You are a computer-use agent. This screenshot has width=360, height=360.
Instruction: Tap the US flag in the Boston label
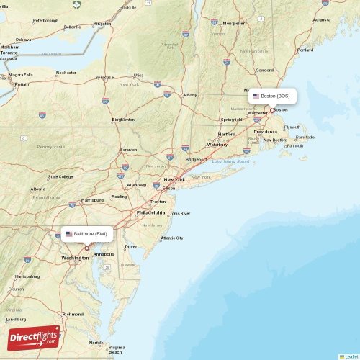256,96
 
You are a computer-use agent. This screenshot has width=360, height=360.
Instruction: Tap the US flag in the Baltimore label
69,234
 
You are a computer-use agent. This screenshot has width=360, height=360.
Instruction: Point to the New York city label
174,179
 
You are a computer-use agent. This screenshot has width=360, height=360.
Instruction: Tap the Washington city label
76,257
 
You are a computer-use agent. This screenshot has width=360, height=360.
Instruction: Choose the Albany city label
190,95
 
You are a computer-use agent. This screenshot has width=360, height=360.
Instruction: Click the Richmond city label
73,314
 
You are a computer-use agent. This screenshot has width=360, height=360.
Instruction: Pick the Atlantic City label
172,238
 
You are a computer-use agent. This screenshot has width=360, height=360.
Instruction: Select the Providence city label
266,132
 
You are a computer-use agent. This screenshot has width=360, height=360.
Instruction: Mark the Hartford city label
227,134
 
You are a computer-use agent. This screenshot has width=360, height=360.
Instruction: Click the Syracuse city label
105,77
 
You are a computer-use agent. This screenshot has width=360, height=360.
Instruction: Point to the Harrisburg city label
92,199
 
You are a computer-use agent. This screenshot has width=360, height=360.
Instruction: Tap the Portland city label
305,50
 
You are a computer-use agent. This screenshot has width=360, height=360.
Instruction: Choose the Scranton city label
129,150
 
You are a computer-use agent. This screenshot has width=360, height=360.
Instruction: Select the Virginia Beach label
115,350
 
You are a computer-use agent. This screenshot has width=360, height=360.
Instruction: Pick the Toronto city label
9,53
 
